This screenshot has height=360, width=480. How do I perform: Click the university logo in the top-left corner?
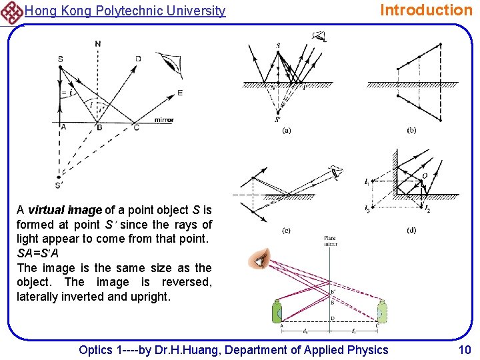click(x=11, y=11)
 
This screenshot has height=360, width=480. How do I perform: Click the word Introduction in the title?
click(x=425, y=10)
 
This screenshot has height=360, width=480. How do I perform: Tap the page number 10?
click(x=464, y=349)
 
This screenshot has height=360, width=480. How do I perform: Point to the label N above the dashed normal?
click(x=98, y=44)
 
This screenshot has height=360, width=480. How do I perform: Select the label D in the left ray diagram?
click(x=138, y=59)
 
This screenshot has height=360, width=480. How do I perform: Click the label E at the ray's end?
click(x=179, y=93)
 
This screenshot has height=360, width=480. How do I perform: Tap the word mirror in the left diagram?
click(x=163, y=120)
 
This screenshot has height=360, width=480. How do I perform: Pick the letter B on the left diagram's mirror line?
click(x=99, y=127)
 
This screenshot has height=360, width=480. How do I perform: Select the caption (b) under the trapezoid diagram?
click(x=411, y=131)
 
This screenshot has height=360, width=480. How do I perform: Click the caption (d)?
click(x=411, y=231)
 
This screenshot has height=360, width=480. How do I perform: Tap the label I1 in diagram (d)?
click(x=367, y=181)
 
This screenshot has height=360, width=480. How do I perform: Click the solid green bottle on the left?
click(x=277, y=313)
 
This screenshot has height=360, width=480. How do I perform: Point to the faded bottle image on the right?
click(x=382, y=313)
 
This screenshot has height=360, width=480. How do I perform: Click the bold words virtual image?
click(x=65, y=210)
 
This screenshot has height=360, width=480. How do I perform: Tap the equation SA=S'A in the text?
click(x=41, y=254)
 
